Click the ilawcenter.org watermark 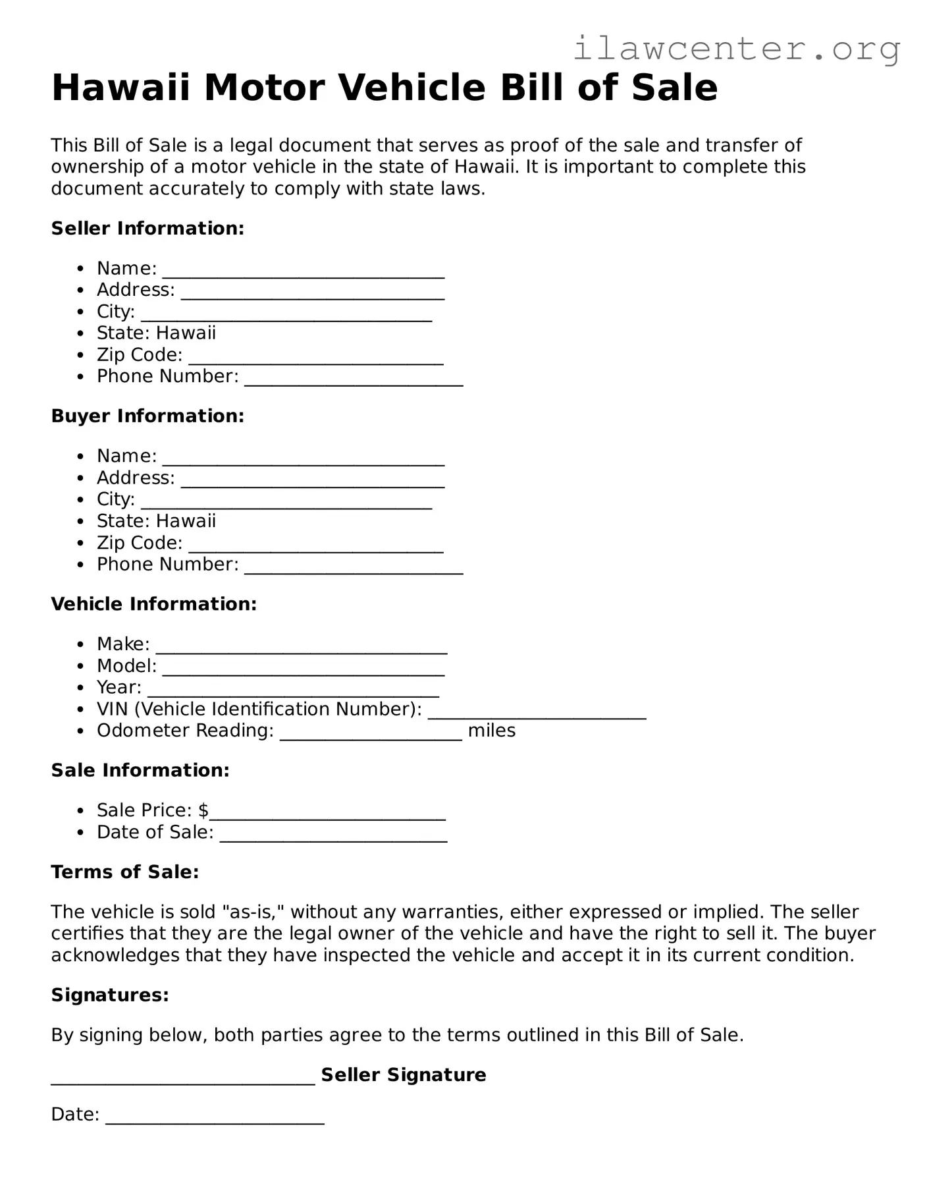coord(736,49)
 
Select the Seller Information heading coord(147,229)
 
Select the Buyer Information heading coord(147,416)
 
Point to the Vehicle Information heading coord(153,604)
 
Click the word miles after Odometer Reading coord(491,731)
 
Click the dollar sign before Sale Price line coord(203,810)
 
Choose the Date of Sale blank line coord(333,837)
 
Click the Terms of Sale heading coord(124,872)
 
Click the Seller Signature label coord(403,1075)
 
